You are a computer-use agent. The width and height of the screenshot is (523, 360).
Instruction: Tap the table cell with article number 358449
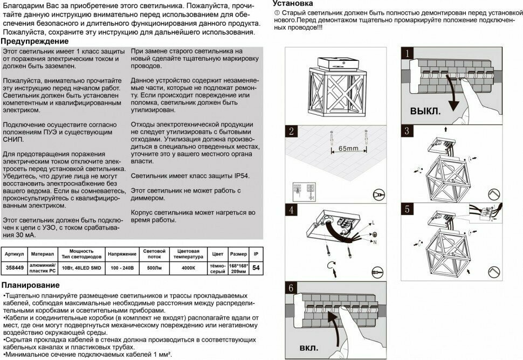(x=13, y=267)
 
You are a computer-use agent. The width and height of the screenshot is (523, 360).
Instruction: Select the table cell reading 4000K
(x=188, y=267)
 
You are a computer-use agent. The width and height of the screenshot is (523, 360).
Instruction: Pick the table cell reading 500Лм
(x=154, y=267)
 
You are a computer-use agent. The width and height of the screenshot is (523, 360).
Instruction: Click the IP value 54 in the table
(x=256, y=267)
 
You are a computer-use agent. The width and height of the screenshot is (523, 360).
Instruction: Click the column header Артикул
(x=13, y=253)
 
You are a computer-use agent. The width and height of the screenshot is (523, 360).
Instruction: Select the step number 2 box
(x=291, y=131)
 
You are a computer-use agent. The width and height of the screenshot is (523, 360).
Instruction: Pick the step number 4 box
(x=291, y=209)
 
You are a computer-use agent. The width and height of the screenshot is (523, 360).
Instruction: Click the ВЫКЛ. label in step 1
(x=425, y=112)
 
